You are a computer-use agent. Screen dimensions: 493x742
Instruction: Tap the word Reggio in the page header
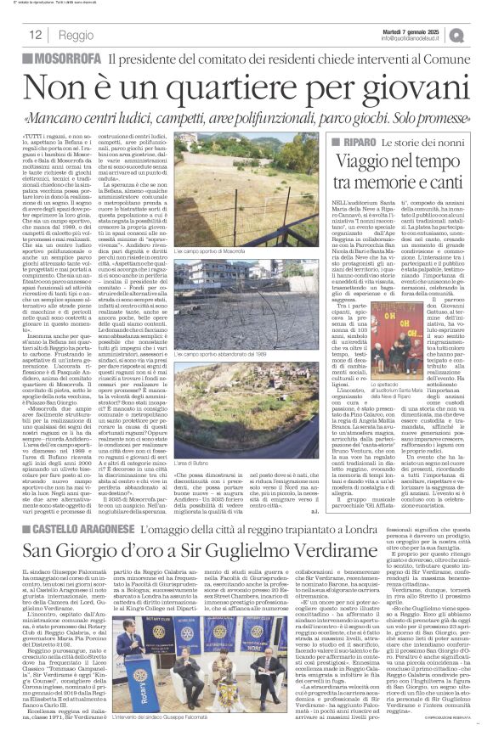click(x=77, y=36)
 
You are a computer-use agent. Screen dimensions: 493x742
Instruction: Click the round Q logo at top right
click(x=480, y=34)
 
